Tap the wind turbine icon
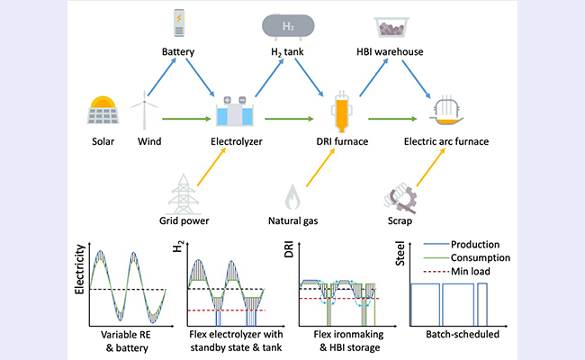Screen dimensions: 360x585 tap(142, 112)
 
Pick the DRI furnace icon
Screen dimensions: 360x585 tap(343, 112)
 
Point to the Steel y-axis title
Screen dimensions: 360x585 tap(401, 261)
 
